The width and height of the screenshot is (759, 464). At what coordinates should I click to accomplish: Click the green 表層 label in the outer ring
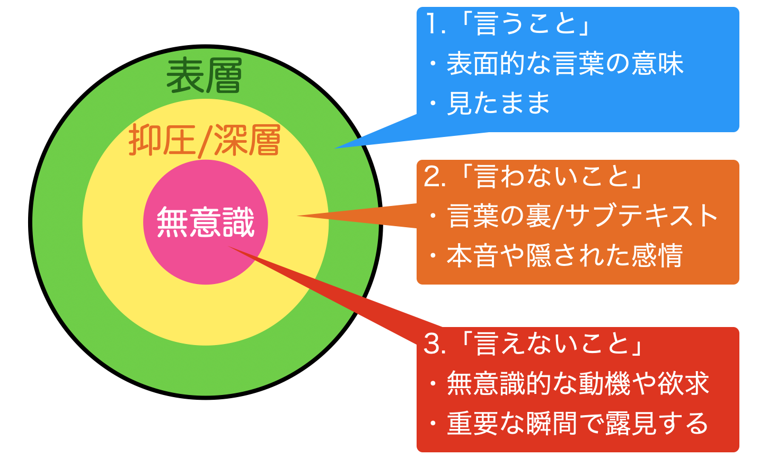coord(204,75)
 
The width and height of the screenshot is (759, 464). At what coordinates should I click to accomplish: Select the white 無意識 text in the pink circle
coord(205,222)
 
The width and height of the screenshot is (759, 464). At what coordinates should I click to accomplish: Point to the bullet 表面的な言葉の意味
coord(565,64)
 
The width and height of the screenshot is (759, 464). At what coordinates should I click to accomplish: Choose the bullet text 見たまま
coord(498,103)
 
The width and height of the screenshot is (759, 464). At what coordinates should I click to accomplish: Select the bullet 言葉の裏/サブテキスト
coord(581,216)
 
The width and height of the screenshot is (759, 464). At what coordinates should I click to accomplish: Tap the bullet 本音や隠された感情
coord(565,255)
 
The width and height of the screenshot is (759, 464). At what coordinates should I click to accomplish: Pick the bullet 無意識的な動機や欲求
coord(578,383)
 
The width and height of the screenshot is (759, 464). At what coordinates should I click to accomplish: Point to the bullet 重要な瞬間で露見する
coord(578,423)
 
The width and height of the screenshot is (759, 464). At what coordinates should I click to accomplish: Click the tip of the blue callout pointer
coord(335,148)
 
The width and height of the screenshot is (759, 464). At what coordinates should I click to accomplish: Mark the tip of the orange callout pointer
coord(297,216)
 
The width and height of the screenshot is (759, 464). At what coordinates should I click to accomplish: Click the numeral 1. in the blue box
coord(435,24)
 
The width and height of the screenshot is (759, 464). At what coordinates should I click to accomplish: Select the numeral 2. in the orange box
coord(435,177)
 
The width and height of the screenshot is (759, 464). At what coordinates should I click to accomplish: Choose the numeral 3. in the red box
coord(435,344)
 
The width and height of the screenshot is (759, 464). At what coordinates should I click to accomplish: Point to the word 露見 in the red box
coord(630,423)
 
